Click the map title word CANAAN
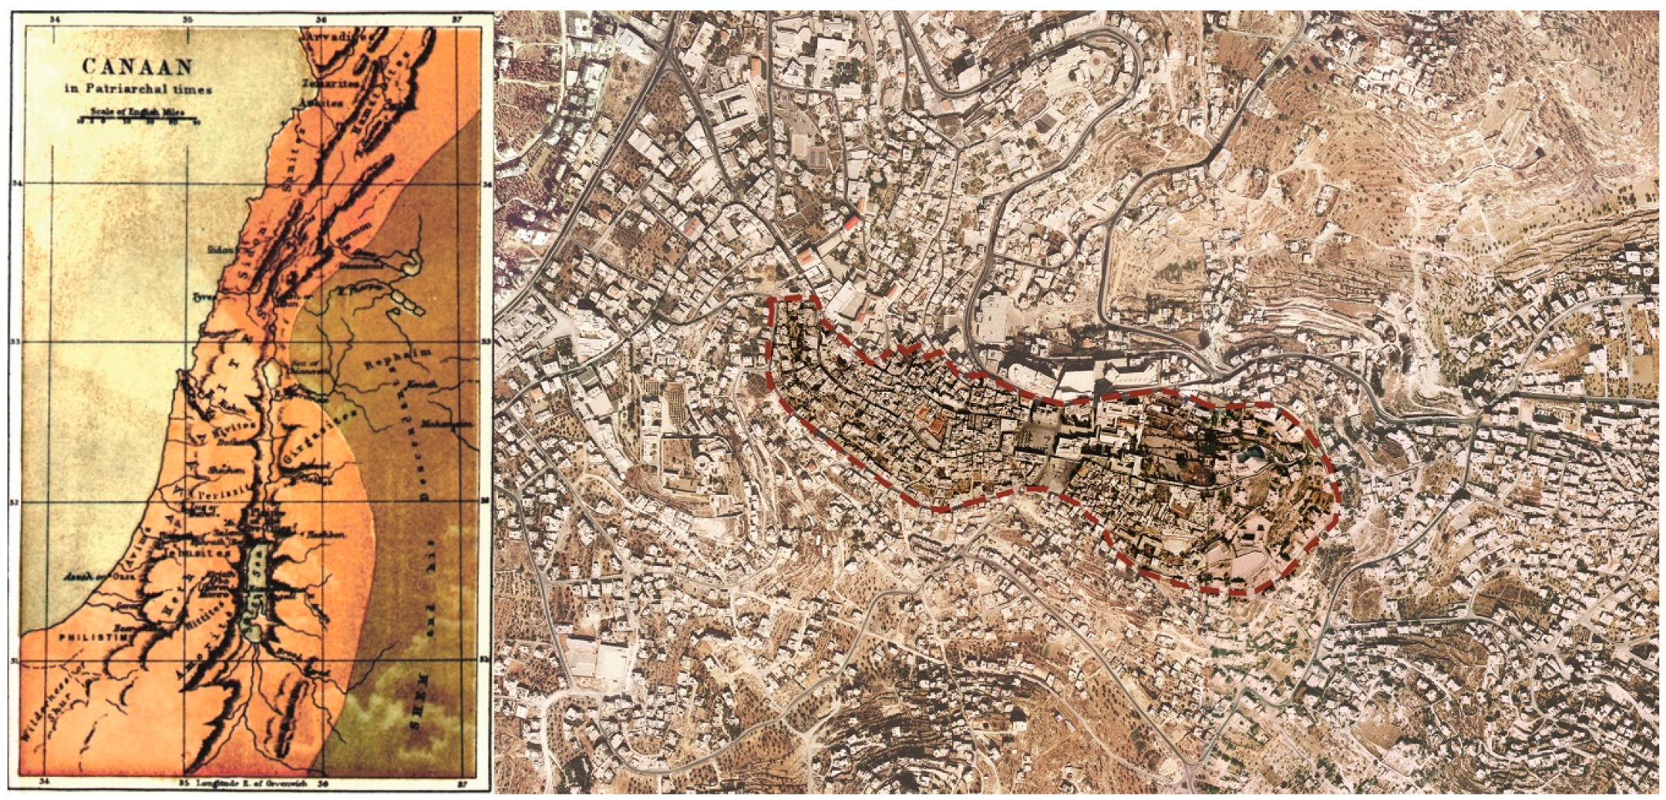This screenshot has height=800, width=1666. [137, 67]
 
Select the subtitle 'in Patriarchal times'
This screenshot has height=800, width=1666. [137, 90]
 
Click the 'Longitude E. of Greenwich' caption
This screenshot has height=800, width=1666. [247, 784]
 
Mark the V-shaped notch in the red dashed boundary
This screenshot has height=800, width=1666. [909, 350]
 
